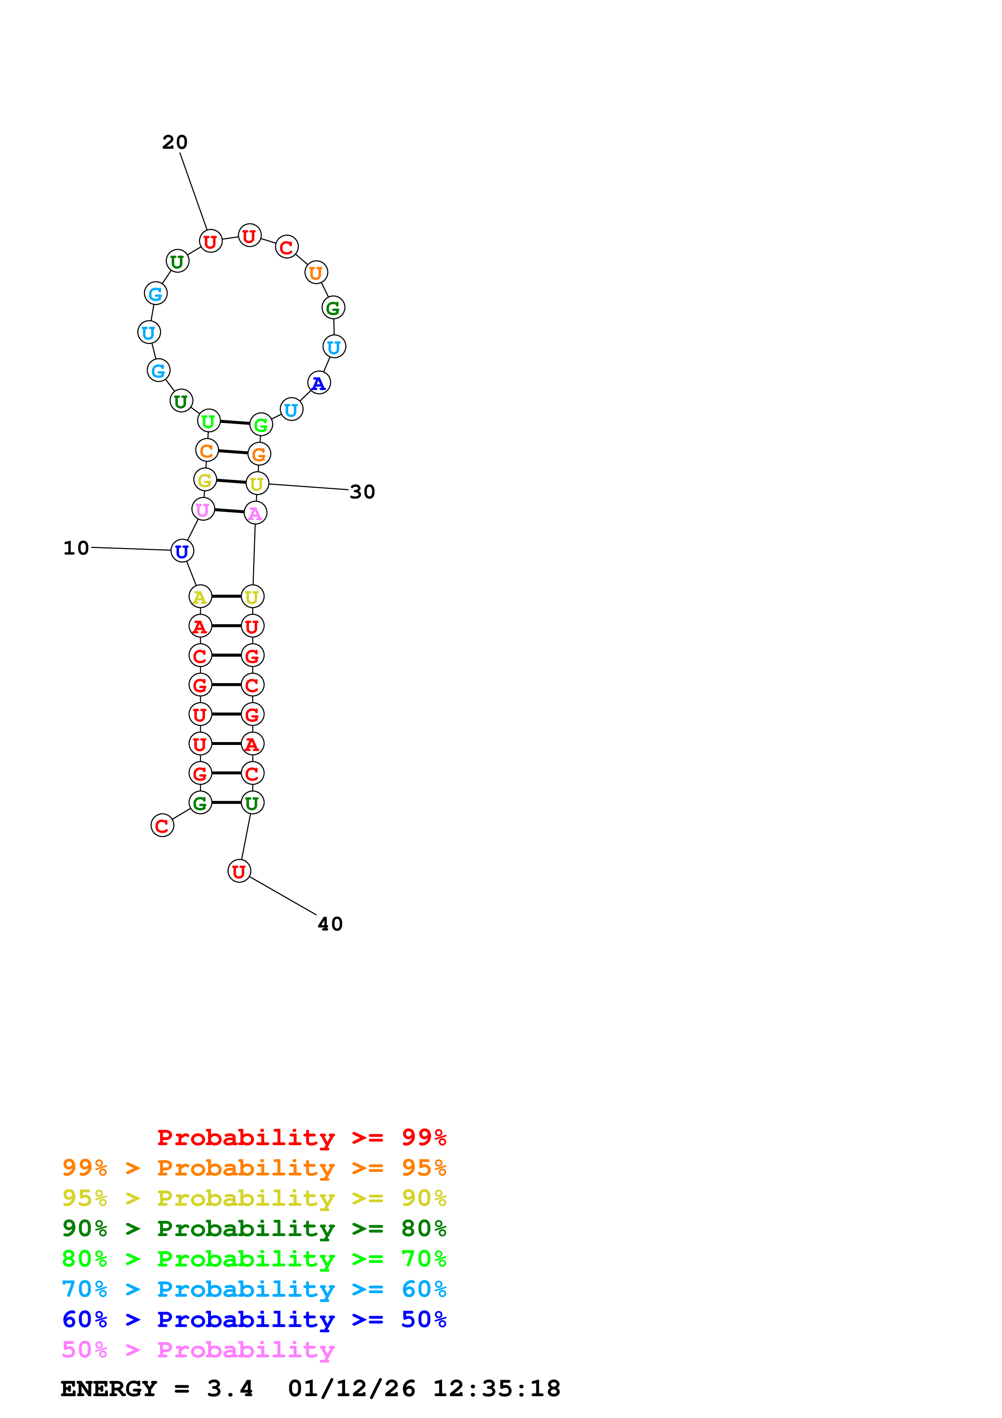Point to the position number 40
[330, 924]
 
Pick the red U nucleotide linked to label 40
[239, 871]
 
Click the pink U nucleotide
[203, 509]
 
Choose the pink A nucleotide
[255, 513]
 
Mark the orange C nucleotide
[207, 450]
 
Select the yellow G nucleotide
[205, 480]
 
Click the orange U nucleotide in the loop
[316, 272]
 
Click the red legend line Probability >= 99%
[302, 1137]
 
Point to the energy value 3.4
[230, 1389]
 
